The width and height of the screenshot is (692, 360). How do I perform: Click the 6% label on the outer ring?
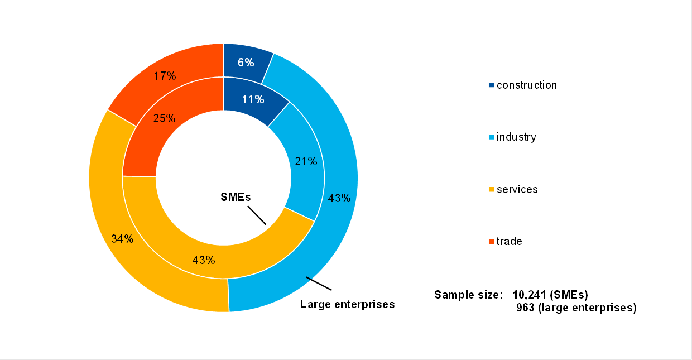[246, 63]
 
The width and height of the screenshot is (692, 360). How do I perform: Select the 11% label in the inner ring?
[253, 99]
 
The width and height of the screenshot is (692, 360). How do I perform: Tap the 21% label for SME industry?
[306, 162]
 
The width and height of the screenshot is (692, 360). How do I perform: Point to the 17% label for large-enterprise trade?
[165, 76]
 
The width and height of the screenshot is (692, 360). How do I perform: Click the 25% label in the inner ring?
[165, 118]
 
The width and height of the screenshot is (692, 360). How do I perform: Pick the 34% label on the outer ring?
[122, 239]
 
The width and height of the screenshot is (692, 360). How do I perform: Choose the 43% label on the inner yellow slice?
[204, 260]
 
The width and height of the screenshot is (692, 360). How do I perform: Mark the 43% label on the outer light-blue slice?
[339, 198]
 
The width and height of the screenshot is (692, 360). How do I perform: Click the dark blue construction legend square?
[492, 85]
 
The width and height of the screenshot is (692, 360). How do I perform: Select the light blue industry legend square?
[492, 137]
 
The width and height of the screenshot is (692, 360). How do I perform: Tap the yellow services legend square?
[492, 190]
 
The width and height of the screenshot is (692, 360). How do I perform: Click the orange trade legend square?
[492, 242]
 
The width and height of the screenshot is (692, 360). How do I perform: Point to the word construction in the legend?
[527, 85]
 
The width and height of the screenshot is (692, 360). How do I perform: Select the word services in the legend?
[517, 190]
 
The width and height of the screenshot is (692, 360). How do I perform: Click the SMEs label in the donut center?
[234, 197]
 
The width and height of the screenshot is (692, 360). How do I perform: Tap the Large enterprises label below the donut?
[347, 304]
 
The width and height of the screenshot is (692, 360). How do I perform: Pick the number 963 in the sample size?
[526, 308]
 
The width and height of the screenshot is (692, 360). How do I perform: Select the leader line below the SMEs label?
[257, 215]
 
